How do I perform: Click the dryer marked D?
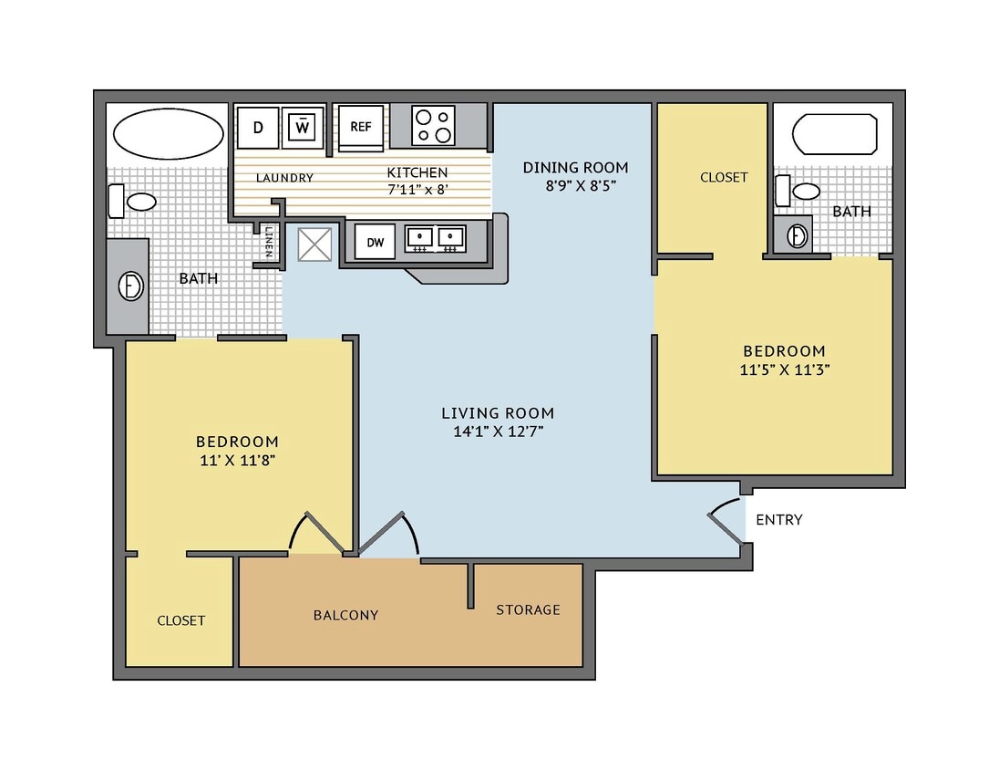(258, 127)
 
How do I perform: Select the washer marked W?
(302, 127)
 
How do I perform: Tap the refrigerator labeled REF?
(360, 127)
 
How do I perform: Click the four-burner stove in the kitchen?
(433, 126)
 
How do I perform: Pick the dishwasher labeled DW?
(375, 242)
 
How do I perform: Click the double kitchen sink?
(435, 239)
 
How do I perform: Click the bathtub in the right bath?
(835, 133)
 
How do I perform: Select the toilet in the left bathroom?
(132, 201)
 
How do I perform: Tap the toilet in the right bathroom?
(798, 192)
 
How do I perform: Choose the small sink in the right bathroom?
(797, 235)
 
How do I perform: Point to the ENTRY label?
(779, 520)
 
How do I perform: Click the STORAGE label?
(528, 609)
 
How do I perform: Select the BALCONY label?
(345, 615)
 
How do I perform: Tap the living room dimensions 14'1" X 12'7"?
(498, 432)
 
